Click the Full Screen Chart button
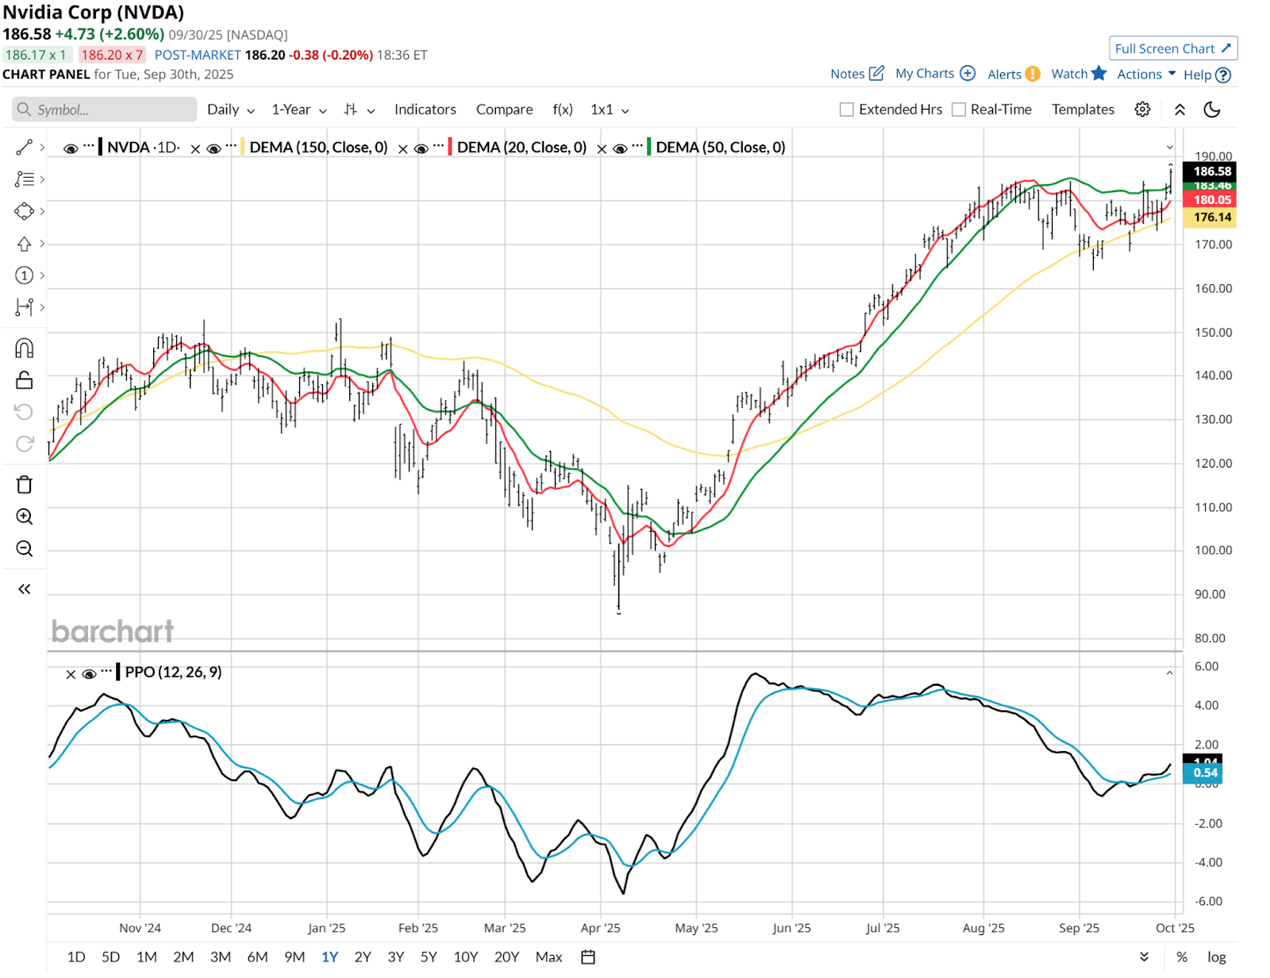tap(1172, 48)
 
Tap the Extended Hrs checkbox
tap(847, 110)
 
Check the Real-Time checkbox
tap(959, 110)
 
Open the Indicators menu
tap(425, 110)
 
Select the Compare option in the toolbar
tap(504, 110)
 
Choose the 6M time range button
tap(257, 957)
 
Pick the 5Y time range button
tap(429, 957)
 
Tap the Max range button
tap(548, 957)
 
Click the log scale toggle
tap(1216, 957)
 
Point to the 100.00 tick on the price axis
tap(1213, 550)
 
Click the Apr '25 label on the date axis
tap(600, 928)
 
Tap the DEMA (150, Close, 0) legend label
tap(318, 147)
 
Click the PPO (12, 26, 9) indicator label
tap(173, 672)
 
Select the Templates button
tap(1083, 110)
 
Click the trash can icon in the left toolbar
tap(25, 484)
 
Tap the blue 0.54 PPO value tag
tap(1204, 772)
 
